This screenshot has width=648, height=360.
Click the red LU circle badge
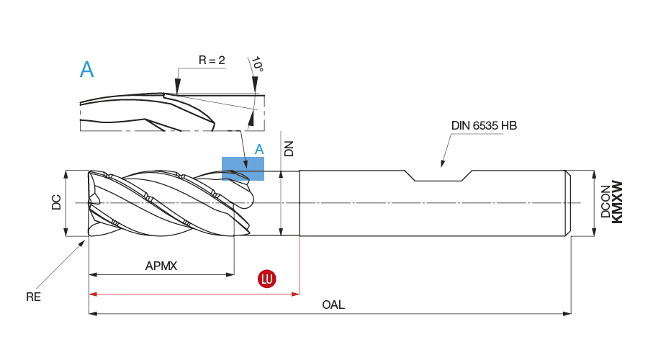(x=267, y=279)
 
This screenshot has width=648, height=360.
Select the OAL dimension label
(x=333, y=305)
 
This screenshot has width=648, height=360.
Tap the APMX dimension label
(x=161, y=266)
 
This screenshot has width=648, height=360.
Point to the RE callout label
(x=33, y=296)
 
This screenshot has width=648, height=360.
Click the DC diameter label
(x=56, y=203)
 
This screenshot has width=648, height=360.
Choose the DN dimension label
(x=289, y=148)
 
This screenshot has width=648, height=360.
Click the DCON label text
(x=606, y=202)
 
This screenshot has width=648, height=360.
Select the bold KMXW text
(x=617, y=202)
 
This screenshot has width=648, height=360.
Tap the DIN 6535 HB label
(x=484, y=125)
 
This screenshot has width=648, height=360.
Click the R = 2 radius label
(x=212, y=60)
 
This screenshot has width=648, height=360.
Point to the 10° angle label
(x=258, y=65)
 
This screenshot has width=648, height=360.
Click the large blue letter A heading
(x=86, y=70)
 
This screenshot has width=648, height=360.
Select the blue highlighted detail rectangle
(x=243, y=168)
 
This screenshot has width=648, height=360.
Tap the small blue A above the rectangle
(x=259, y=149)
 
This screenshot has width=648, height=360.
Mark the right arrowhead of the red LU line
(x=296, y=294)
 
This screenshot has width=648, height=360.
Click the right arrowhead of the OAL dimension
(x=567, y=313)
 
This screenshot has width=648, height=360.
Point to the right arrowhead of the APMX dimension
(x=230, y=274)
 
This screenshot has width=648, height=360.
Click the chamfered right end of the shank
(x=568, y=203)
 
